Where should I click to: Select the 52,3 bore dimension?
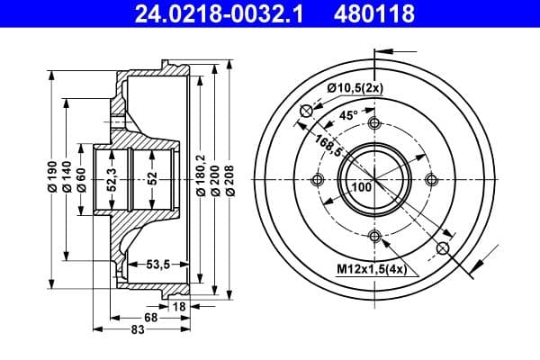pos(111,178)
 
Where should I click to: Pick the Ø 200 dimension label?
pos(216,178)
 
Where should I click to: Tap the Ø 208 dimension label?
pos(231,178)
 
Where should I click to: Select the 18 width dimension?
pos(178,307)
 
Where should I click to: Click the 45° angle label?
pos(349,115)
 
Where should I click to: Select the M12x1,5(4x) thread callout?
pos(371,268)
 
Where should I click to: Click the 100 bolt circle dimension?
pos(362,187)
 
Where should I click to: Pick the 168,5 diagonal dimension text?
pos(328,143)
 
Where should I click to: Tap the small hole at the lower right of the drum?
pos(442,247)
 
